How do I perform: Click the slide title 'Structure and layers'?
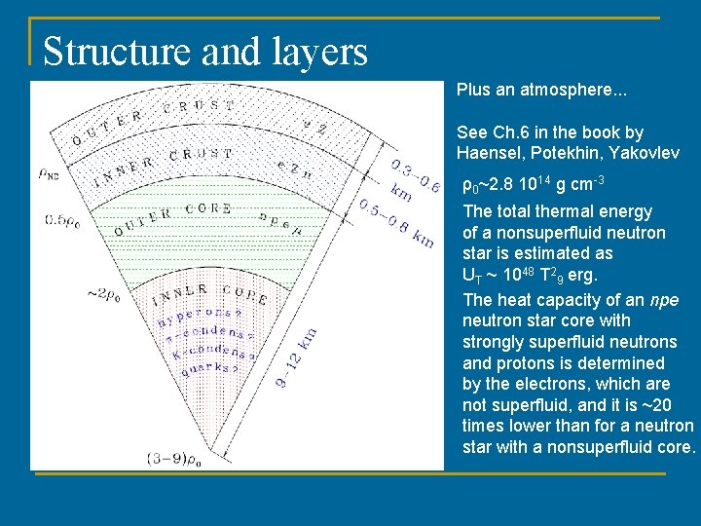(205, 52)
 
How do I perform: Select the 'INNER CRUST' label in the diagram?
(163, 167)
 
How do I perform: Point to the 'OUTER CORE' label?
(171, 217)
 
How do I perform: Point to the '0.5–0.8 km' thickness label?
(395, 224)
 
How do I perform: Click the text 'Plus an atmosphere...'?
(541, 90)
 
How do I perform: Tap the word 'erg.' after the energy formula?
(580, 275)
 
